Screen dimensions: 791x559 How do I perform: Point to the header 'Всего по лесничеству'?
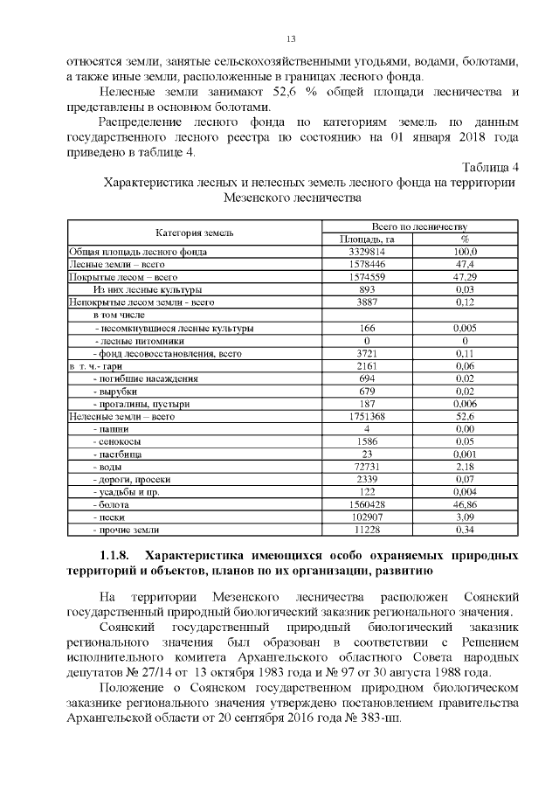coord(419,226)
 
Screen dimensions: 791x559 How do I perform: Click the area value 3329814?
coord(367,252)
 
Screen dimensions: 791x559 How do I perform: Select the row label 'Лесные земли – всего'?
coord(117,263)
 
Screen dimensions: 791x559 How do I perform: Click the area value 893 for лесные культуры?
coord(367,288)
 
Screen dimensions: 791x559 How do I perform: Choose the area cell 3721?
coord(367,353)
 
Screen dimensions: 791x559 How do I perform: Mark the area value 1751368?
coord(367,417)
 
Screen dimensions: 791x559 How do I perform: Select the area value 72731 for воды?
coord(367,468)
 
